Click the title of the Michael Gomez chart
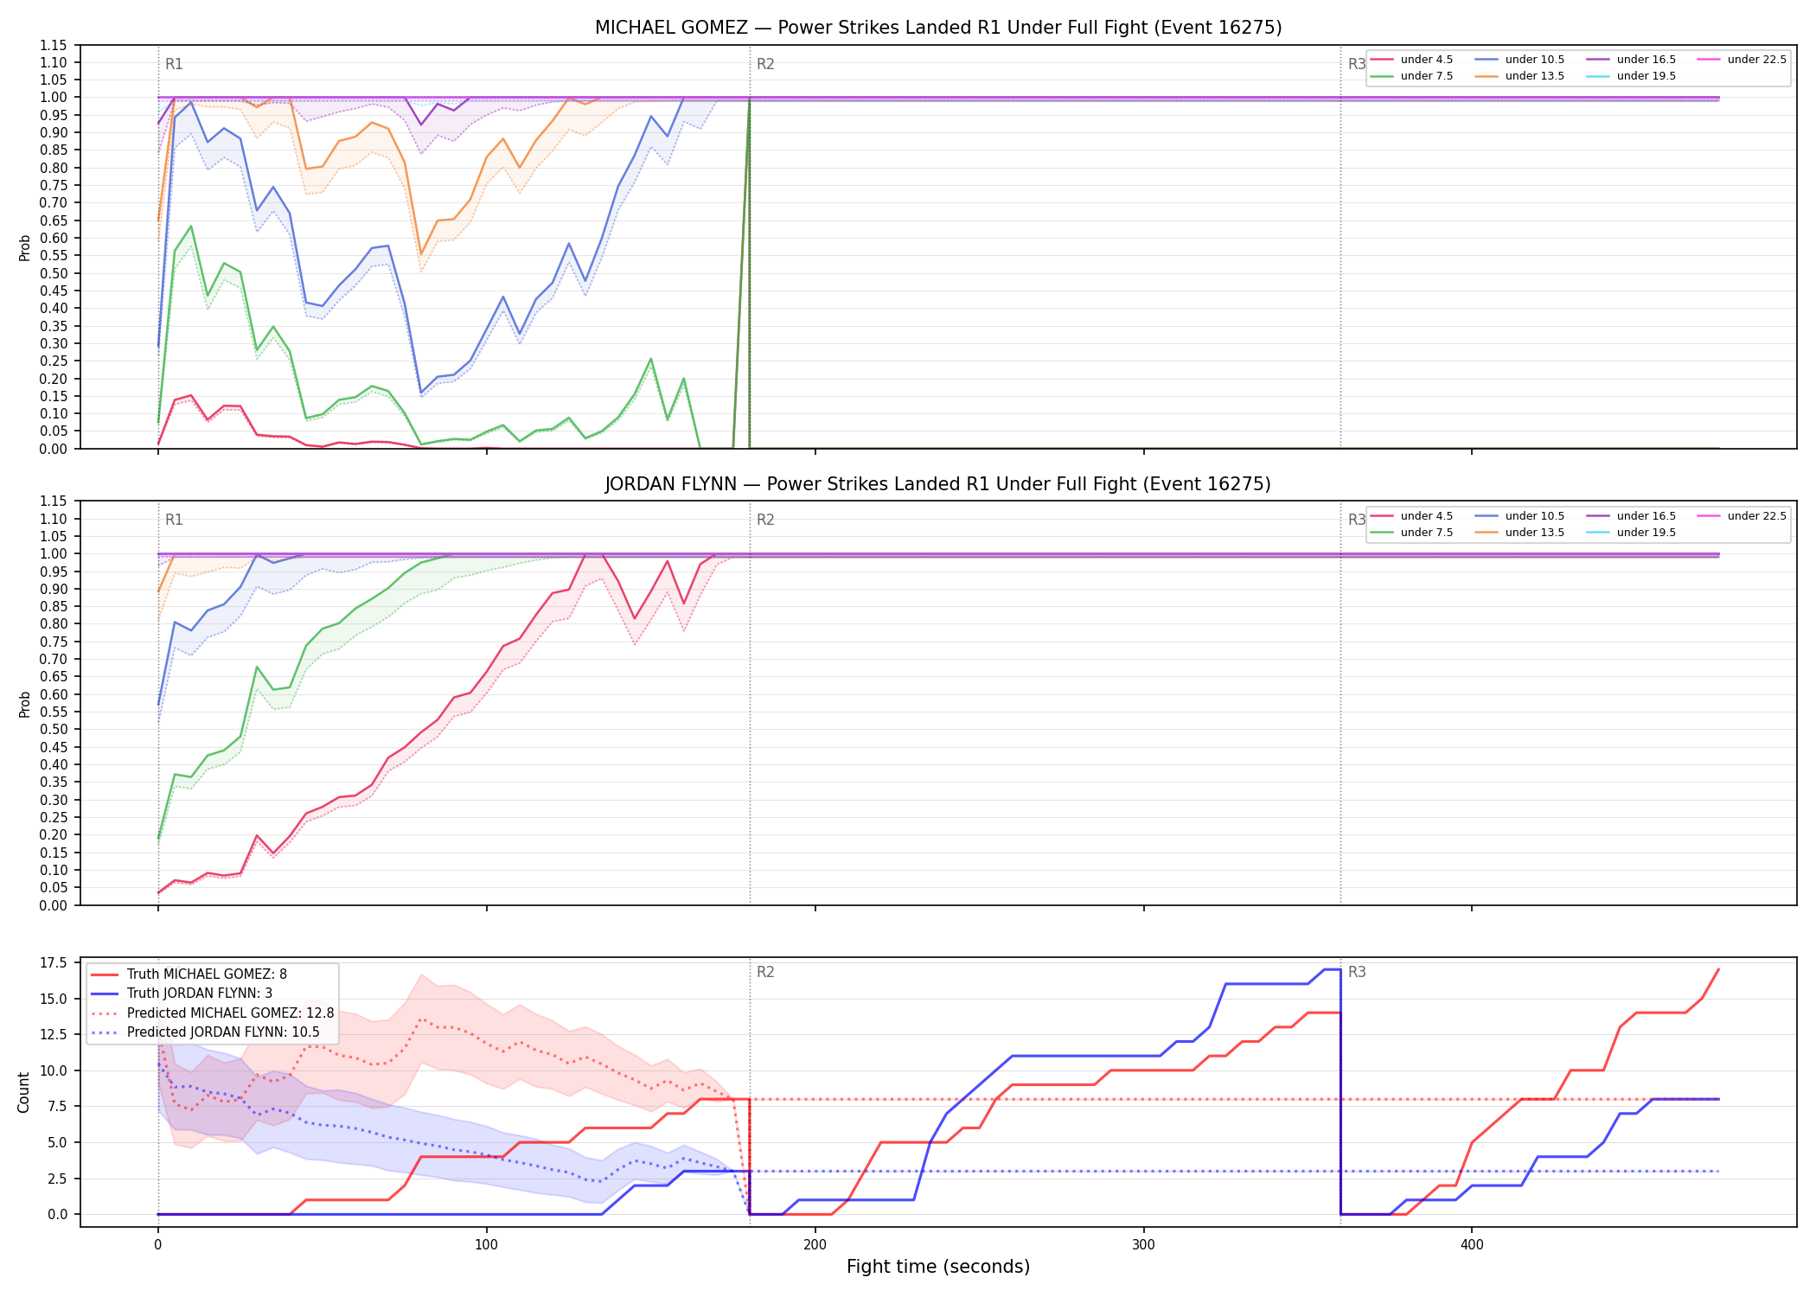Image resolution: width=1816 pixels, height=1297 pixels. click(938, 28)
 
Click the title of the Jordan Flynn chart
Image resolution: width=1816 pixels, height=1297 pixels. click(938, 484)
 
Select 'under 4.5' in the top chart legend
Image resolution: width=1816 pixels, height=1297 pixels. click(1427, 60)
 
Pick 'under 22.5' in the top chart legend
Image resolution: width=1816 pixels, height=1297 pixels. click(1757, 60)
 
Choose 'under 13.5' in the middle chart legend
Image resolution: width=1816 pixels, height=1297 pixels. click(1535, 533)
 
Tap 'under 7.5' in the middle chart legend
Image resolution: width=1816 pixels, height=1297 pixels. click(1427, 533)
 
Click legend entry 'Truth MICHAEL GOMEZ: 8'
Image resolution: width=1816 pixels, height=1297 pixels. click(207, 974)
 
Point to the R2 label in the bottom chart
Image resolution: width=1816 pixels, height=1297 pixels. click(765, 973)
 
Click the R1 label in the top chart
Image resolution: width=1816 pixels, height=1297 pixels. click(174, 64)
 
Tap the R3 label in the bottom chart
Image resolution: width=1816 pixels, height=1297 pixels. click(1357, 973)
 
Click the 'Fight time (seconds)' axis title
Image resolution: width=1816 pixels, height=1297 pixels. click(938, 1268)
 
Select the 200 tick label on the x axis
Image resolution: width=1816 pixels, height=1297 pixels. click(815, 1245)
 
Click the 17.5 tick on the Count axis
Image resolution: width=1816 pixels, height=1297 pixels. click(56, 963)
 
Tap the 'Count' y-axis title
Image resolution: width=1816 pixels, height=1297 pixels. click(23, 1092)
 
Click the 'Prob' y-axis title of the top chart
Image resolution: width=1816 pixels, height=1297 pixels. click(24, 248)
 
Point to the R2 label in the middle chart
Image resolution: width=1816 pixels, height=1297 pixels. click(765, 521)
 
